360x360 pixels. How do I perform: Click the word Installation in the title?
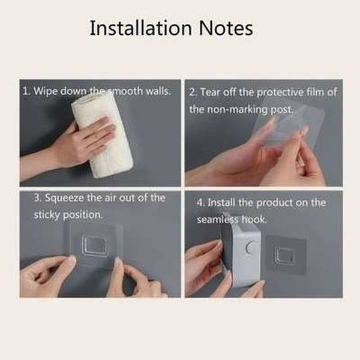[x=140, y=28]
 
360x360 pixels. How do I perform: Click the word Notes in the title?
[x=226, y=28]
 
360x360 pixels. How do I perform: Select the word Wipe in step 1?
[x=46, y=91]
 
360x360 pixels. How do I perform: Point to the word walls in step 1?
[x=158, y=91]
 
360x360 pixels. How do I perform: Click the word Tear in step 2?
[x=211, y=92]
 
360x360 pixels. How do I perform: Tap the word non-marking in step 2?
[x=239, y=109]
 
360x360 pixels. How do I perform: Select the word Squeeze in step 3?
[x=64, y=198]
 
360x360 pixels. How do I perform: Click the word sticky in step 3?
[x=46, y=215]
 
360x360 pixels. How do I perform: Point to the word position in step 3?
[x=82, y=215]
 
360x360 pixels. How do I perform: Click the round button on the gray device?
[x=251, y=248]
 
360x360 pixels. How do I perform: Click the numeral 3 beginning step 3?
[x=37, y=198]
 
